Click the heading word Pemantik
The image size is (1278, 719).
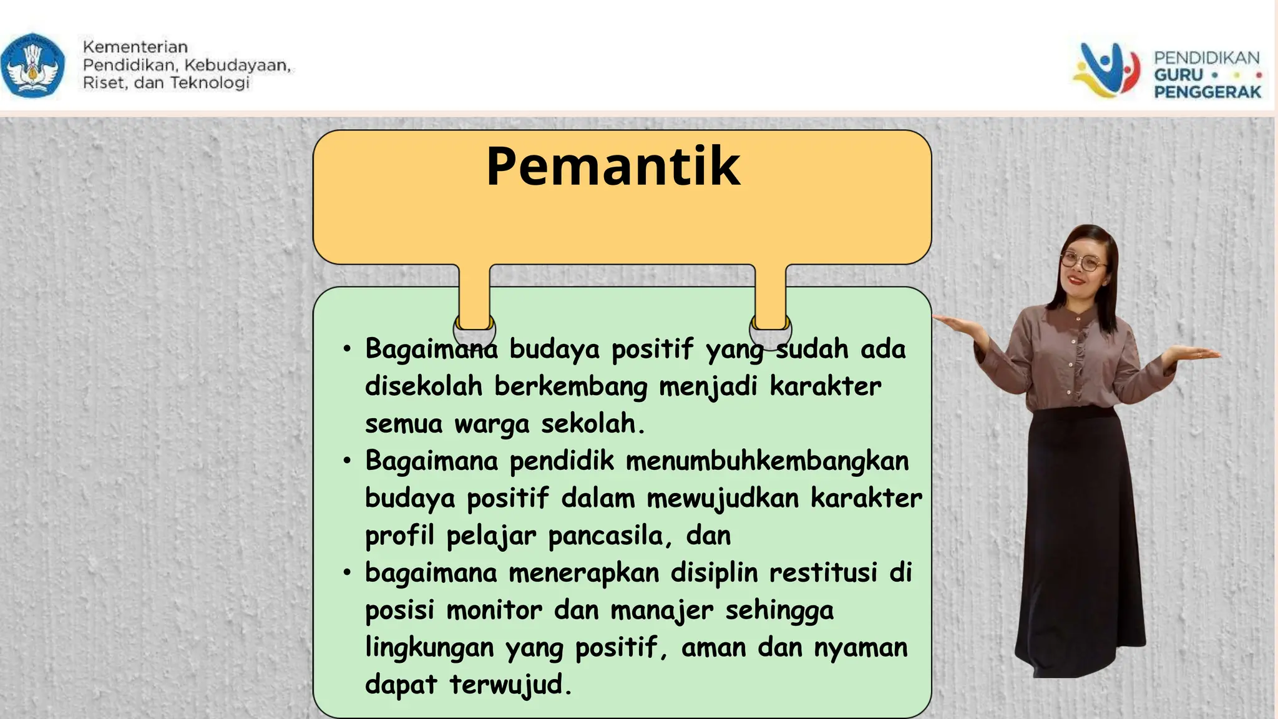613,167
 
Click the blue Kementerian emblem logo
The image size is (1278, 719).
32,66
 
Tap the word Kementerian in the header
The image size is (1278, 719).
135,47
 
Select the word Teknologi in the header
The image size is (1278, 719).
210,83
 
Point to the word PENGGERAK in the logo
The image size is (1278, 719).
1207,92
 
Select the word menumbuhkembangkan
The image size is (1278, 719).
767,461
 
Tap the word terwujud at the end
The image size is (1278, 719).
509,685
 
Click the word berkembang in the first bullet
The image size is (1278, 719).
571,387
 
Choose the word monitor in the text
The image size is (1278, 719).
494,610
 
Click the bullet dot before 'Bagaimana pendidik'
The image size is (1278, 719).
347,461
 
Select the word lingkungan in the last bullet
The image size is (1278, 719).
429,648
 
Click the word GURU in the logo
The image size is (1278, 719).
1178,75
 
